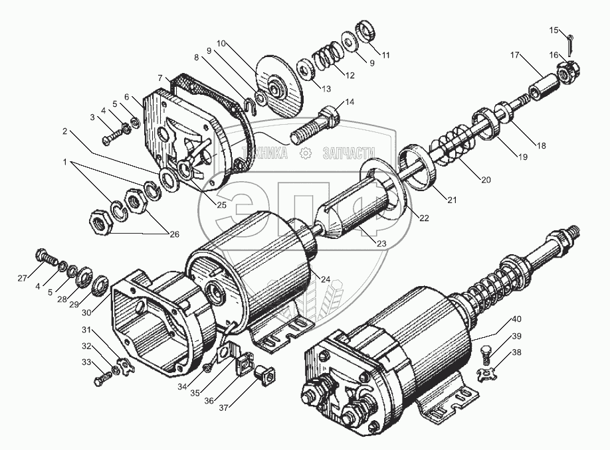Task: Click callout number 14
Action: point(350,102)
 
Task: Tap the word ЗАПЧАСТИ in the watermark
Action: point(347,153)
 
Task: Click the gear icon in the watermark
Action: point(305,153)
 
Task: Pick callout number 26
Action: point(174,233)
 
